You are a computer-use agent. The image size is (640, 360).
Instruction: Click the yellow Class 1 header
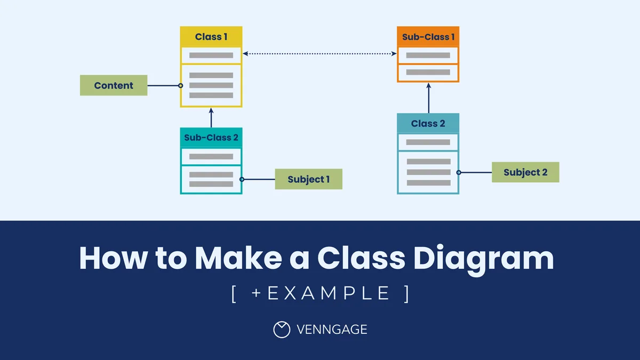point(211,37)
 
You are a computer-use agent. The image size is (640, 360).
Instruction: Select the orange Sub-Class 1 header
point(428,37)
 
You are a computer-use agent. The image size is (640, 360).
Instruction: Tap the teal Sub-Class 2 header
point(211,138)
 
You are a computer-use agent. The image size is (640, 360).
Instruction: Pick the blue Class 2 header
point(428,123)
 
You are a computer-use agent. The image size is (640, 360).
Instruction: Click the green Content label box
point(114,85)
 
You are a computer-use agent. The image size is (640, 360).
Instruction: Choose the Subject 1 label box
point(309,179)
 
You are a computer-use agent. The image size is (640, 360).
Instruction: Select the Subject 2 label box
point(525,172)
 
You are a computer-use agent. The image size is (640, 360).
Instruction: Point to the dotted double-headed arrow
point(319,53)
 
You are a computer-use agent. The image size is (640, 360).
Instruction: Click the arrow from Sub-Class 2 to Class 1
point(211,117)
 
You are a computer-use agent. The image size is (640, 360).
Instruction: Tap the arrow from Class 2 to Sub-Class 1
point(429,98)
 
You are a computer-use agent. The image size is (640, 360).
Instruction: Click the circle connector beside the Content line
point(181,85)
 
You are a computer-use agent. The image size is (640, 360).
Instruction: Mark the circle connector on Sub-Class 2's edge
point(242,179)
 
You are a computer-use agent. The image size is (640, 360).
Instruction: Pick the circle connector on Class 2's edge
point(459,172)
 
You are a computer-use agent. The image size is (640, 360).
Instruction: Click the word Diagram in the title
point(483,259)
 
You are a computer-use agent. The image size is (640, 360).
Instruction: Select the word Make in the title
point(238,258)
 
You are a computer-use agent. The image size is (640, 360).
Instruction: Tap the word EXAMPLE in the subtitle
point(328,293)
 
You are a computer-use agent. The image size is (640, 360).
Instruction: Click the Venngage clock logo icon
point(282,330)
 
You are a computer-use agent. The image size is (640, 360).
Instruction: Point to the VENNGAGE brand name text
point(332,330)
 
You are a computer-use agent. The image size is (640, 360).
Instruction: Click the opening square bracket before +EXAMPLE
point(234,294)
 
